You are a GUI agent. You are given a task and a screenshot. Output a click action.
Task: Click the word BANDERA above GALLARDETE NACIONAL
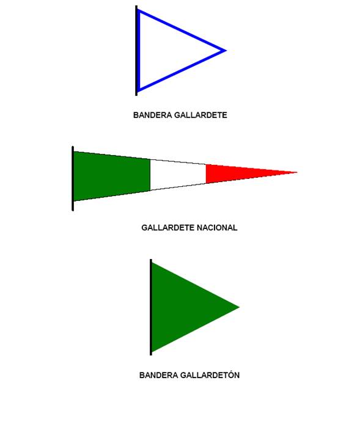pyautogui.click(x=149, y=115)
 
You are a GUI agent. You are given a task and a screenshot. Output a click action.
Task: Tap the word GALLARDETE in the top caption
pyautogui.click(x=197, y=115)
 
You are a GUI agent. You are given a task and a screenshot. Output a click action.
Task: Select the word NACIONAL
pyautogui.click(x=217, y=228)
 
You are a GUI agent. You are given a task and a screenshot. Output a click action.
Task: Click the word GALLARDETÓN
pyautogui.click(x=210, y=374)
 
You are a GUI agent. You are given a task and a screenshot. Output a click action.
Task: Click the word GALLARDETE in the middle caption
pyautogui.click(x=168, y=228)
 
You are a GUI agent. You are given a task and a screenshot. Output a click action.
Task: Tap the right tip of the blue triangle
pyautogui.click(x=226, y=51)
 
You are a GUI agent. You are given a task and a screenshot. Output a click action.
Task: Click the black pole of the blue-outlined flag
pyautogui.click(x=136, y=51)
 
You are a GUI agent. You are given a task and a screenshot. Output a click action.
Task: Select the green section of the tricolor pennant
pyautogui.click(x=112, y=176)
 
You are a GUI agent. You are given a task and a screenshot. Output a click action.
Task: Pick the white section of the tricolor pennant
pyautogui.click(x=178, y=175)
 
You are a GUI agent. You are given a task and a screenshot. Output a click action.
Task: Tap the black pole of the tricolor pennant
pyautogui.click(x=73, y=178)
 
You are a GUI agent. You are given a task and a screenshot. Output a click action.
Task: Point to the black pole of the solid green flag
pyautogui.click(x=151, y=307)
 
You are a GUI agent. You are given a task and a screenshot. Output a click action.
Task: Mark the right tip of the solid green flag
pyautogui.click(x=239, y=307)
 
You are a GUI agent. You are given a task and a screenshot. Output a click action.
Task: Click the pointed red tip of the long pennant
pyautogui.click(x=297, y=172)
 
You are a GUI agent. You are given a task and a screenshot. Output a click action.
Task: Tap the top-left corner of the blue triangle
pyautogui.click(x=139, y=11)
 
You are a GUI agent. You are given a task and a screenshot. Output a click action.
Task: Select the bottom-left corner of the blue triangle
pyautogui.click(x=139, y=90)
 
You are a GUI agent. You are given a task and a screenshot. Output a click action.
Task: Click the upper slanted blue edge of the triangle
pyautogui.click(x=182, y=31)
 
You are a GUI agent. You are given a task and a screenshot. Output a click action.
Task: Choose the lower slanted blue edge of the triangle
pyautogui.click(x=182, y=70)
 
